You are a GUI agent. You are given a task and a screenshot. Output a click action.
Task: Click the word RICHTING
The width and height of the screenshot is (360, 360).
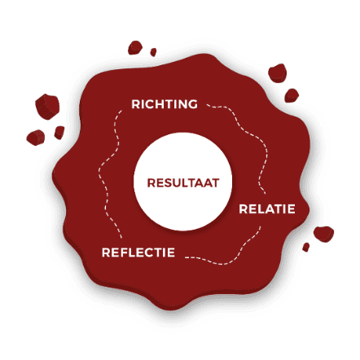[165, 104]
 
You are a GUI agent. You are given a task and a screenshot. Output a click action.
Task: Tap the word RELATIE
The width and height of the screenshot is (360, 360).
[267, 209]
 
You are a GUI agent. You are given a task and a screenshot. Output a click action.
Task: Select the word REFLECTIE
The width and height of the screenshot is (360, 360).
[138, 252]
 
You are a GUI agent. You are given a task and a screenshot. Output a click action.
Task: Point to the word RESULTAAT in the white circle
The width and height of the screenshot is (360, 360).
[183, 183]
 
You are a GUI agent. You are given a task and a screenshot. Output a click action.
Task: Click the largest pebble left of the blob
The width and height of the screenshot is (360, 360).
[47, 107]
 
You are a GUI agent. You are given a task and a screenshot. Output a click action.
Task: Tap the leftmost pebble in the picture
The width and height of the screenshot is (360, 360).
[36, 138]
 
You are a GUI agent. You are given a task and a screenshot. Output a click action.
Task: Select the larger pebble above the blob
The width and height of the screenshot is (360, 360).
[135, 47]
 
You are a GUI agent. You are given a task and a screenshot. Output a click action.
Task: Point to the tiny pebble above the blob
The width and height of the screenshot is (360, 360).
[153, 52]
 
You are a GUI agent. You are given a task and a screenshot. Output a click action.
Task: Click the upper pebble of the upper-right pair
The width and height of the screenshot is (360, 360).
[278, 73]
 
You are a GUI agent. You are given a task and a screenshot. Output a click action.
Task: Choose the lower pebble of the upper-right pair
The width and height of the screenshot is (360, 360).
[292, 95]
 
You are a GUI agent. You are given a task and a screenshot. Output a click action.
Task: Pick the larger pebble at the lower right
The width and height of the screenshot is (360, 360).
[323, 234]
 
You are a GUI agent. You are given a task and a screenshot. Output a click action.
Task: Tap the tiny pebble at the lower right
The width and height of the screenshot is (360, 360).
[306, 248]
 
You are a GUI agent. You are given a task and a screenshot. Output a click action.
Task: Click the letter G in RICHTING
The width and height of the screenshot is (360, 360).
[192, 104]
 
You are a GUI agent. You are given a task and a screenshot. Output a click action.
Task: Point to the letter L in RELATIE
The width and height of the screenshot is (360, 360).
[257, 209]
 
